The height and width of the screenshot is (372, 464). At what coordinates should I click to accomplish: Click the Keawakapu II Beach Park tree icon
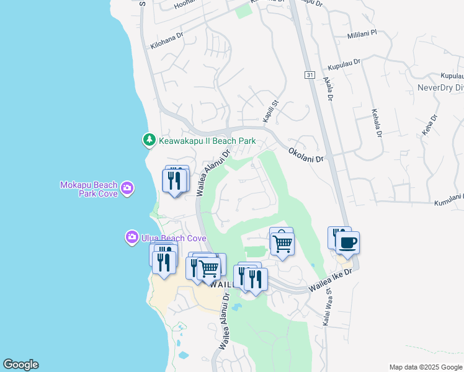point(149,141)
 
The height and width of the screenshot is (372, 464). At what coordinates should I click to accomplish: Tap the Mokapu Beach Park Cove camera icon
point(127,187)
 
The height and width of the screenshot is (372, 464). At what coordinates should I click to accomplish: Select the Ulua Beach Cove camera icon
point(132,237)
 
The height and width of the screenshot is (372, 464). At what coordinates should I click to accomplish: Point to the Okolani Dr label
point(306,155)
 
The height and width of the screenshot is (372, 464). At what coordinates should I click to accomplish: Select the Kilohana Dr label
point(167,41)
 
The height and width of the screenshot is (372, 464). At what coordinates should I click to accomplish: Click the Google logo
point(20,365)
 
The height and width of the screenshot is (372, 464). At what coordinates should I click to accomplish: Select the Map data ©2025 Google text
point(425,367)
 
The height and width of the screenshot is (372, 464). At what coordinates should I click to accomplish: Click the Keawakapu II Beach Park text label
point(207,141)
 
